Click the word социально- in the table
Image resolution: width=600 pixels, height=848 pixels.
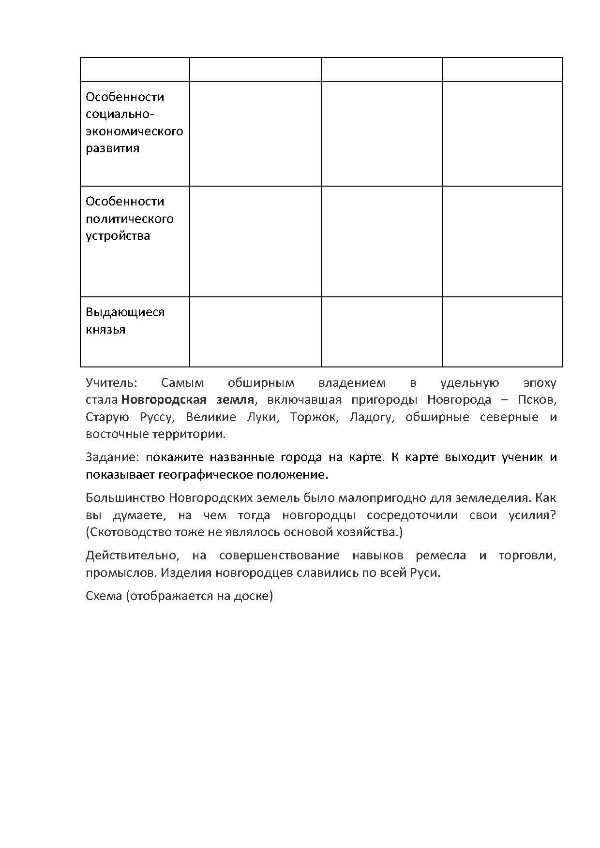pyautogui.click(x=120, y=114)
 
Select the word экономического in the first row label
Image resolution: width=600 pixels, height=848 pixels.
pyautogui.click(x=135, y=132)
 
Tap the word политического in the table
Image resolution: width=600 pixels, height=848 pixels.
pyautogui.click(x=130, y=219)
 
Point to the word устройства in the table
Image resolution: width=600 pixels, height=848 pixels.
pyautogui.click(x=118, y=236)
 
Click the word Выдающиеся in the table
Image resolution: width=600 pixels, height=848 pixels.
pyautogui.click(x=125, y=312)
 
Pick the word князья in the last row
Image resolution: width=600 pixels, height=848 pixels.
pyautogui.click(x=105, y=330)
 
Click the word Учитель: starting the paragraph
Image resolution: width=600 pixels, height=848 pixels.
pyautogui.click(x=112, y=383)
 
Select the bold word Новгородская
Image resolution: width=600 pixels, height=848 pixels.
pyautogui.click(x=163, y=400)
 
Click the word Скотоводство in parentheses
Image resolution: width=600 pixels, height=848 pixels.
pyautogui.click(x=126, y=532)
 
